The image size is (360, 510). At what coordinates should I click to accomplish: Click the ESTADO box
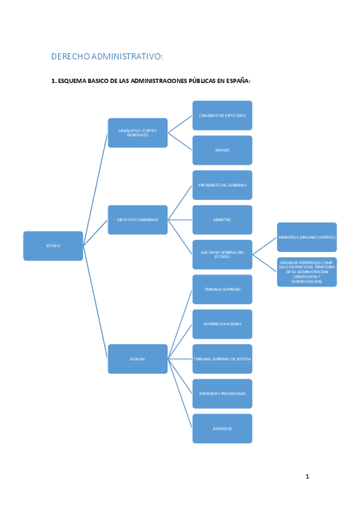click(x=53, y=245)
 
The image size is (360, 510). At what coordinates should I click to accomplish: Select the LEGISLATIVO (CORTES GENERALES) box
click(x=138, y=133)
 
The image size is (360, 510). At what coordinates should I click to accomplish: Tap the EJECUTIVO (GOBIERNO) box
click(x=138, y=220)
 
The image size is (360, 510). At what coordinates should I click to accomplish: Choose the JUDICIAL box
click(x=138, y=358)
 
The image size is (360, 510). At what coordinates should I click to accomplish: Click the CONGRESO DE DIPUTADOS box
click(x=222, y=115)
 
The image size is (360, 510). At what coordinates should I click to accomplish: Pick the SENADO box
click(x=222, y=150)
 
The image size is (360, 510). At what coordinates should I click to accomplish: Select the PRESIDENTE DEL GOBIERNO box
click(x=222, y=185)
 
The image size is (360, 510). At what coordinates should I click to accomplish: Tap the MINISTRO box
click(x=222, y=220)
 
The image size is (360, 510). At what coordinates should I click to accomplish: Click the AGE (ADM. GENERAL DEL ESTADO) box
click(x=222, y=254)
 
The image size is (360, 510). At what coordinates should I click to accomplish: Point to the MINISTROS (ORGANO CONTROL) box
click(x=307, y=237)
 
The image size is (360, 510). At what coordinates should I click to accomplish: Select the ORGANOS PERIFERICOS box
click(x=307, y=272)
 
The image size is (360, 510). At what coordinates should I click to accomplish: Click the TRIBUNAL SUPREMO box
click(x=222, y=289)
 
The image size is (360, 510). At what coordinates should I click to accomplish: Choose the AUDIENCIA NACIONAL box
click(x=222, y=324)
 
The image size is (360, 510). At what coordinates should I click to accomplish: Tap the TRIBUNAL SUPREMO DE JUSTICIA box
click(x=222, y=358)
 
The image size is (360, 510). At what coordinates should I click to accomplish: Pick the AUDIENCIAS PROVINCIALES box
click(x=222, y=393)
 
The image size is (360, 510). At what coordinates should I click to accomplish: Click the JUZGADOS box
click(x=222, y=428)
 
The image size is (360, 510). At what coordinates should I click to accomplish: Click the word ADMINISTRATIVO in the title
click(x=126, y=57)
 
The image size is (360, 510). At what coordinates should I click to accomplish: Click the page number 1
click(x=307, y=476)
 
